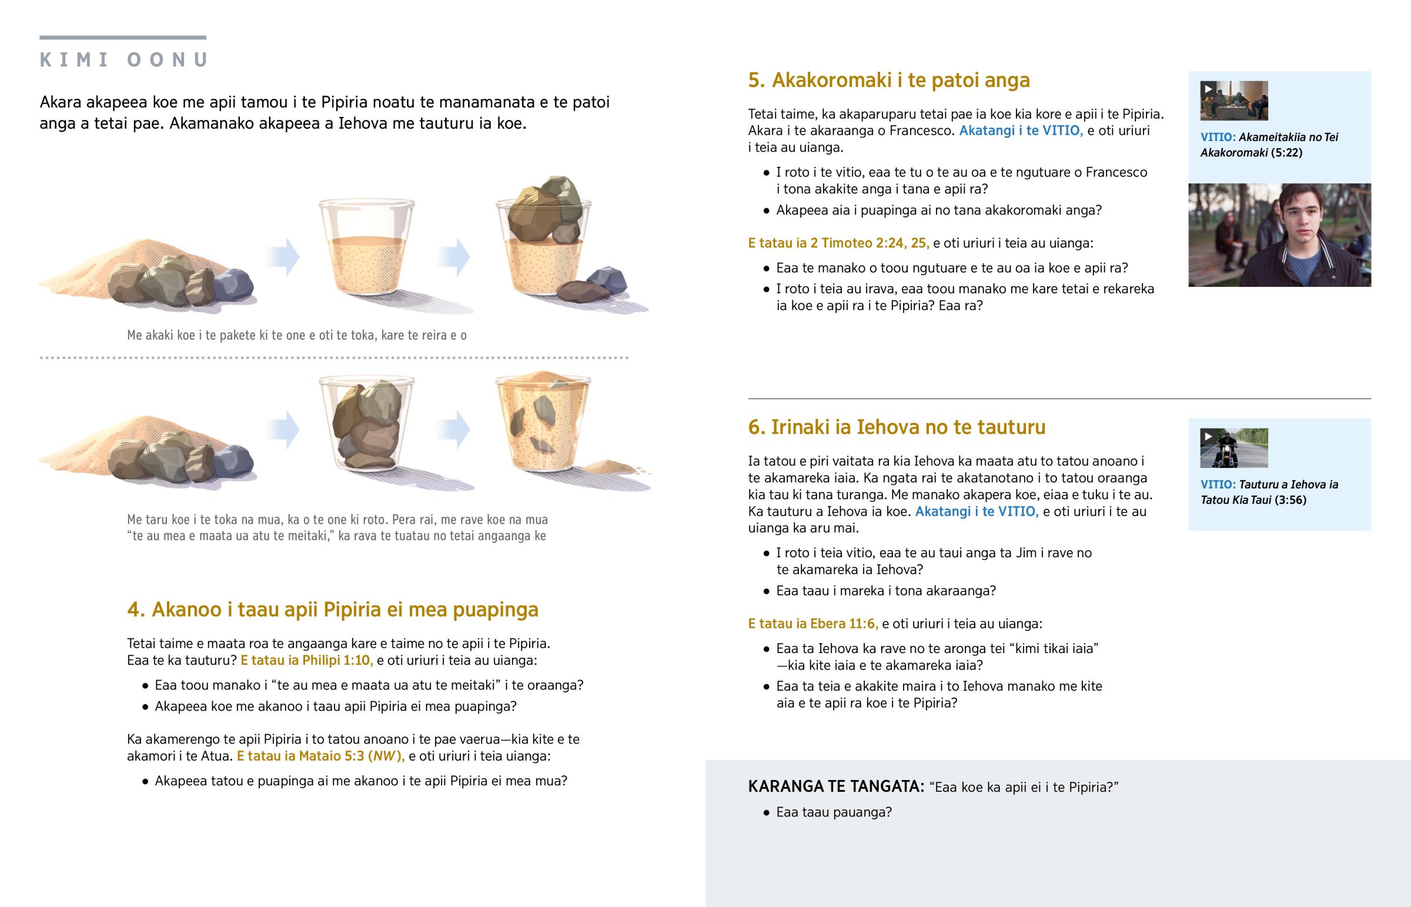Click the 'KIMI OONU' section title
pos(123,59)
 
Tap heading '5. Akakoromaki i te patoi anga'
pos(889,80)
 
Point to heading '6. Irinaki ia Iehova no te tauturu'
pos(897,427)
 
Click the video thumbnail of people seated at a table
pos(1233,101)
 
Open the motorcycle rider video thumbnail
pos(1233,448)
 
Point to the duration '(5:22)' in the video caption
pos(1286,153)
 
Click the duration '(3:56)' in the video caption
pos(1290,500)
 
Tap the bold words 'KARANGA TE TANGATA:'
pos(836,786)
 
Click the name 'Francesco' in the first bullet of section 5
pos(1116,172)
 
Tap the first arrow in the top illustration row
pos(283,257)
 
